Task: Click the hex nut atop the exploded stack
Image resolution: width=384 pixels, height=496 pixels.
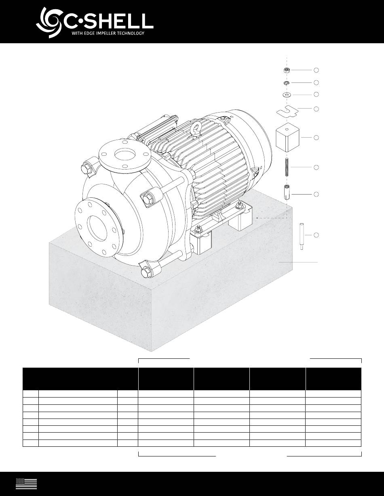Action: pos(287,70)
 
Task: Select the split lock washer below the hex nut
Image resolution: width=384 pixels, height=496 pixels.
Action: pos(287,83)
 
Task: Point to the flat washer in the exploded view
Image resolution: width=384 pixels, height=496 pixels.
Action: pos(287,94)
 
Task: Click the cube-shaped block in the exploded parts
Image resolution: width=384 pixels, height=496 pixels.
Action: pos(287,137)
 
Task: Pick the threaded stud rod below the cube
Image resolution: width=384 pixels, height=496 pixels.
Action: pos(287,167)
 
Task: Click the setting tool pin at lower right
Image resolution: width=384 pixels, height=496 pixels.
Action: pos(302,236)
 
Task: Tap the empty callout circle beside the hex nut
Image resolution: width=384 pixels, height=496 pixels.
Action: pos(316,70)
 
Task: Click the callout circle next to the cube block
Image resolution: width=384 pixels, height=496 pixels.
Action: pos(316,138)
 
